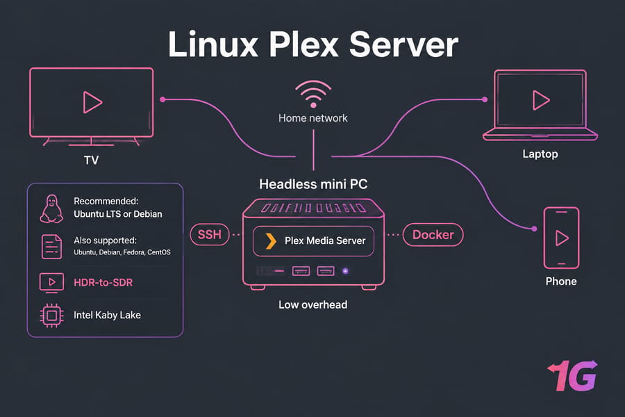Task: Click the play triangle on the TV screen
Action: [92, 102]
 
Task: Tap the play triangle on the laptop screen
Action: [540, 100]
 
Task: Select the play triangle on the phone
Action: [562, 238]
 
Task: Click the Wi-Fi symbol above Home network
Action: [313, 95]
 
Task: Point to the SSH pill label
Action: [210, 234]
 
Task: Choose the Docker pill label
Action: [433, 235]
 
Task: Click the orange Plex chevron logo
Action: [271, 241]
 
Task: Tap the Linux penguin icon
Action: [51, 208]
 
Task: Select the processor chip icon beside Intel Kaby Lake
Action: [52, 316]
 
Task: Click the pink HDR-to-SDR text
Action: [103, 283]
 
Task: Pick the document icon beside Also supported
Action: [52, 247]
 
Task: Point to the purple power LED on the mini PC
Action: [346, 271]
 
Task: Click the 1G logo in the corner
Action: [573, 375]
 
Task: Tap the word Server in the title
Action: [403, 44]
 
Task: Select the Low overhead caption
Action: [313, 305]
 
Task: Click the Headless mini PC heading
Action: [313, 184]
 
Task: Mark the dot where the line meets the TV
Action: [162, 99]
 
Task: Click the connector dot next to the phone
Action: [535, 229]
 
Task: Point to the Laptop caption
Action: [540, 154]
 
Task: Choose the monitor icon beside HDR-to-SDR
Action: [52, 283]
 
